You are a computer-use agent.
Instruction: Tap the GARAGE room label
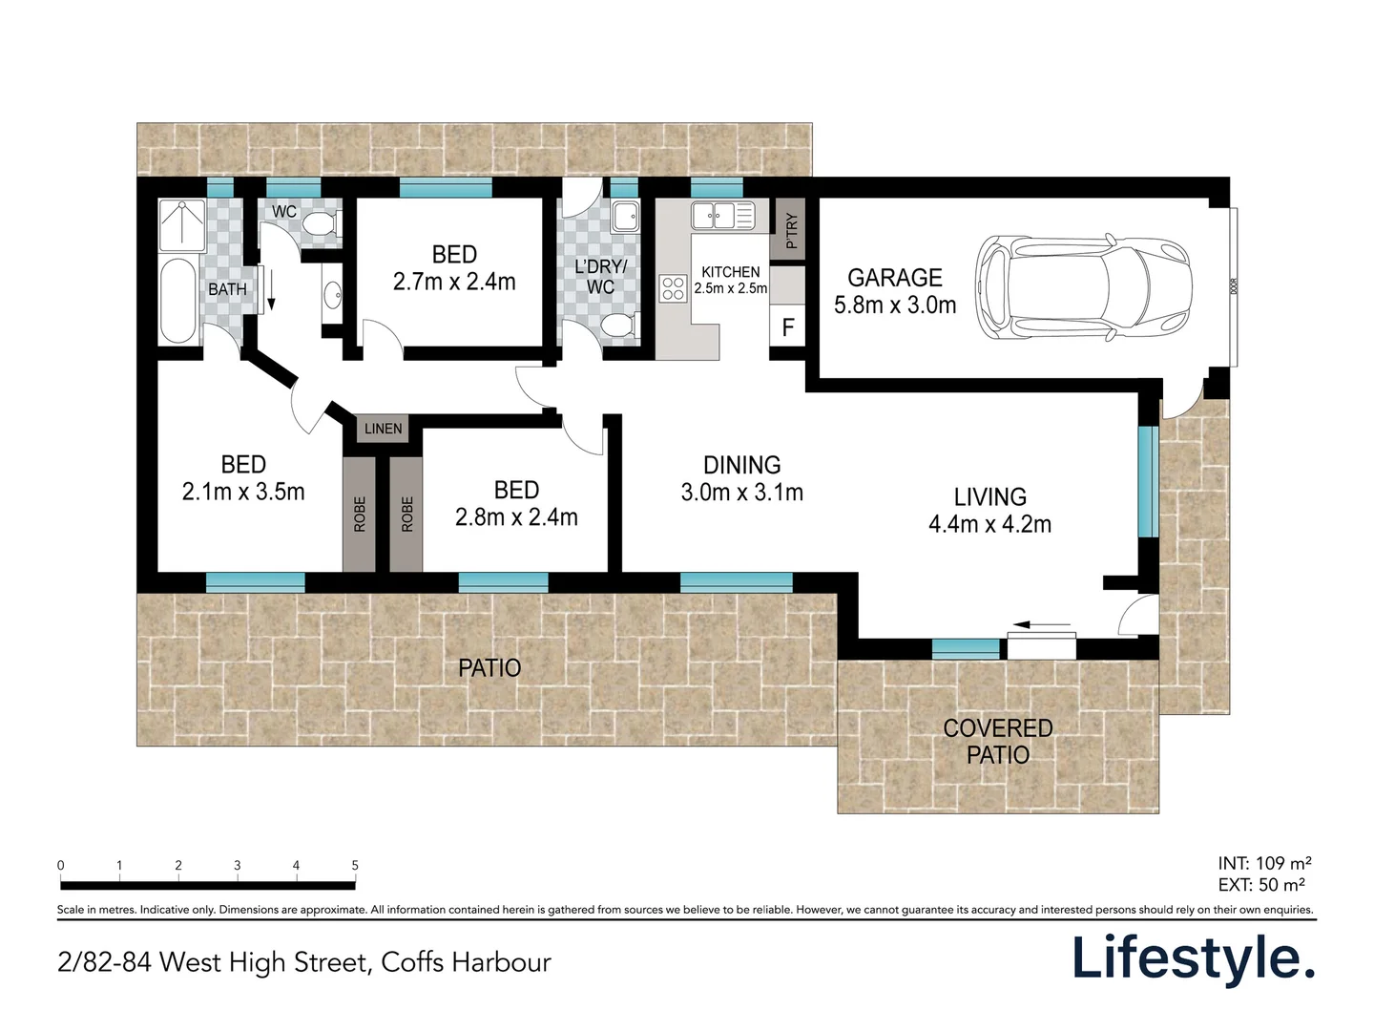[x=894, y=278]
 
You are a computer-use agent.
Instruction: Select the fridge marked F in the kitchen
[x=788, y=327]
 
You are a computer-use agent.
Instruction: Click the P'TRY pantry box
[x=789, y=229]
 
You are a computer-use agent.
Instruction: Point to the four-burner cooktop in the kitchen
[x=673, y=287]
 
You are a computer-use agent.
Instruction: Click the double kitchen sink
[x=722, y=216]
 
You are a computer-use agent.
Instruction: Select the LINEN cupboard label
[x=383, y=429]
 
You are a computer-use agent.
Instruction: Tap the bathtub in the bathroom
[x=178, y=301]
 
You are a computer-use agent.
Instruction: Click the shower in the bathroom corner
[x=180, y=225]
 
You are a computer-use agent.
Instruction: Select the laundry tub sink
[x=626, y=218]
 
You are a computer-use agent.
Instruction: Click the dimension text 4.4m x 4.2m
[x=989, y=524]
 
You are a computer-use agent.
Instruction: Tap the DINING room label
[x=741, y=465]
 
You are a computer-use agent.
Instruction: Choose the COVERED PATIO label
[x=998, y=741]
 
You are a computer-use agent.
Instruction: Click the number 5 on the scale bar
[x=355, y=865]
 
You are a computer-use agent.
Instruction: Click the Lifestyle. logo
[x=1193, y=957]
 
